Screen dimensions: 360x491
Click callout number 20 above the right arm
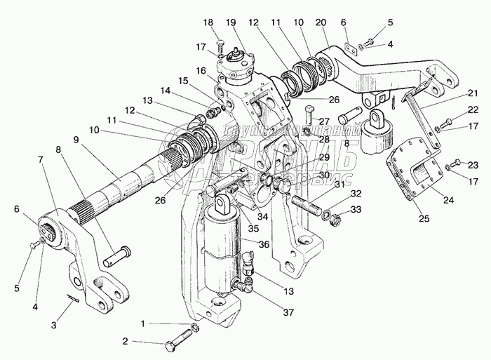321,23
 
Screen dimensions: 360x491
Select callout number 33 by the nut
356,209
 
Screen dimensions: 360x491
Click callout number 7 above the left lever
41,159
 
